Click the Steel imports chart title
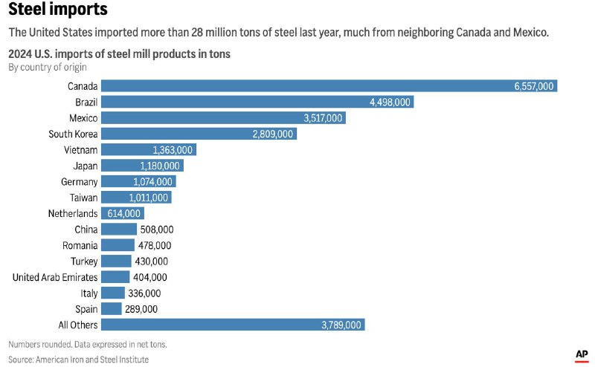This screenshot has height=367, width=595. click(58, 10)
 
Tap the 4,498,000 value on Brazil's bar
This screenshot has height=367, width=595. click(390, 103)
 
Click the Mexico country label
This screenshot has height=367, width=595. click(82, 118)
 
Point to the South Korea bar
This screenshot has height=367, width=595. click(199, 134)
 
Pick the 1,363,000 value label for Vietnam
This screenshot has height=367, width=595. click(173, 150)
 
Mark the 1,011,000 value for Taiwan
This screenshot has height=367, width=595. click(150, 198)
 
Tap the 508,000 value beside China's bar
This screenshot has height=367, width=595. click(156, 229)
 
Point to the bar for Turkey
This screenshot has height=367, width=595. click(116, 261)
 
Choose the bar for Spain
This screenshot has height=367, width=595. click(112, 308)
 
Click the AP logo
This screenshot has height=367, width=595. click(582, 355)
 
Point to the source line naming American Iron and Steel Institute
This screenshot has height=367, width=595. click(78, 360)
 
